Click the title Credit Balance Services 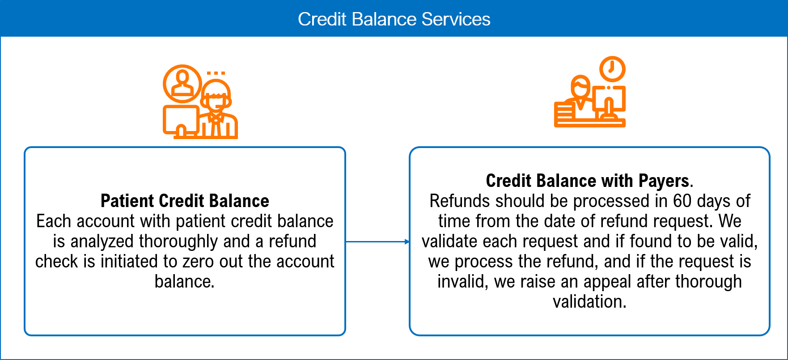point(394,19)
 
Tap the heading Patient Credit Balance point(185,201)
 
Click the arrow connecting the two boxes point(378,241)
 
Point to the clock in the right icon point(612,69)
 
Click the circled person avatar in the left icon point(182,84)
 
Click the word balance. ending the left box point(185,282)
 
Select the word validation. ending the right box point(589,302)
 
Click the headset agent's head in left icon point(216,95)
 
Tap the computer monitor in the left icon point(181,120)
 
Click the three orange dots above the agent point(216,73)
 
